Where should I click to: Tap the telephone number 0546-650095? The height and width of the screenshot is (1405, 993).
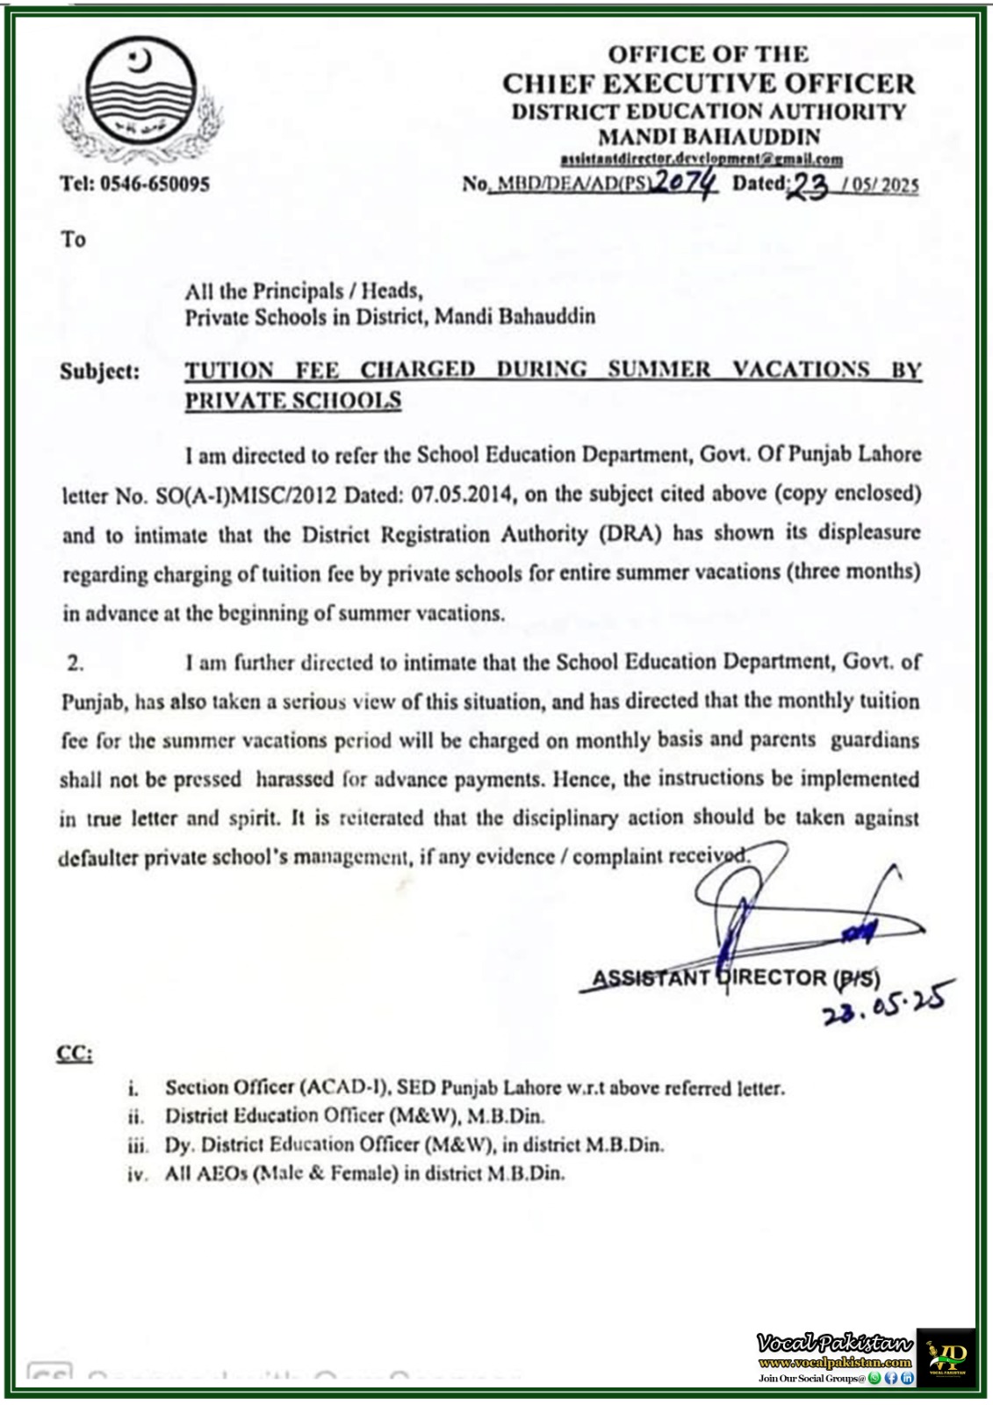point(155,184)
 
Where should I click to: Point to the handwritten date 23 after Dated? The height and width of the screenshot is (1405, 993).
point(810,184)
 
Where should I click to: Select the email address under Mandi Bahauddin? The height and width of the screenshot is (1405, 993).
point(702,159)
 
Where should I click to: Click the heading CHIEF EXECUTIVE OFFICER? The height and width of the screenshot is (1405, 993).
point(708,83)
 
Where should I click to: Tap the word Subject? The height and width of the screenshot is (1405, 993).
point(99,371)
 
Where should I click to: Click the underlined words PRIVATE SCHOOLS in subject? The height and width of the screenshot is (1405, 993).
point(292,400)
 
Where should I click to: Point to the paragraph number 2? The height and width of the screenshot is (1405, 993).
point(76,663)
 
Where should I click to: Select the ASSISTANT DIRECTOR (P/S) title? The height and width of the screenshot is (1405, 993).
point(736,978)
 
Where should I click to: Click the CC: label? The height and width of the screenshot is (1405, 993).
point(75,1053)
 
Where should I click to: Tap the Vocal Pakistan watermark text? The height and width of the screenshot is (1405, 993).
point(834,1344)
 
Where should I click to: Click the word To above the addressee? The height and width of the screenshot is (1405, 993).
point(73,240)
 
